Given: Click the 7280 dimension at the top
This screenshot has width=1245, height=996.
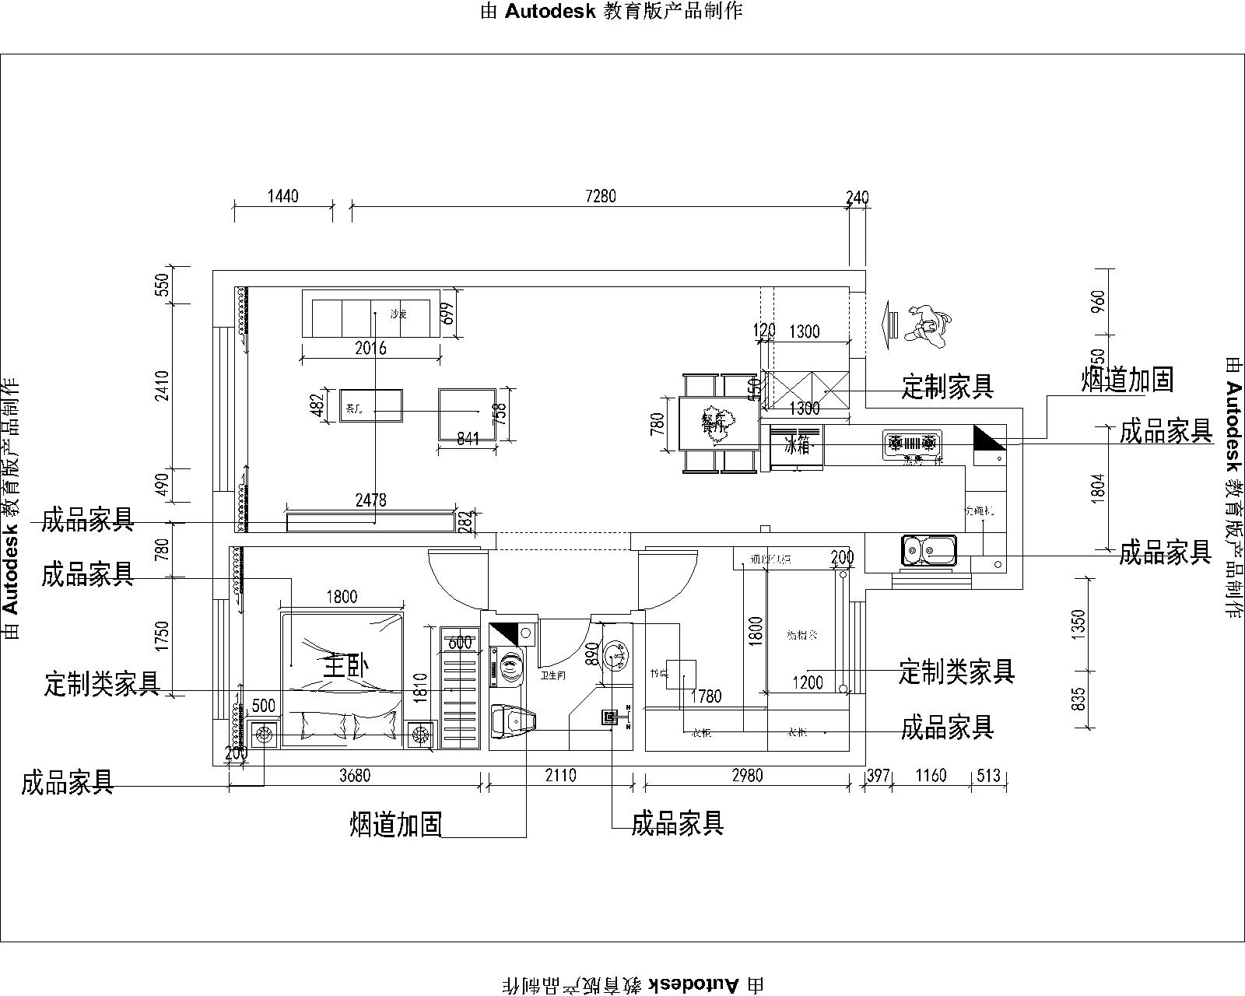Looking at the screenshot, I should (x=600, y=196).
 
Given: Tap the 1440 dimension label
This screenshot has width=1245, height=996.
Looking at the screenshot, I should (x=283, y=196).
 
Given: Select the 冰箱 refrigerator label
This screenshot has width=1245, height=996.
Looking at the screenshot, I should (x=797, y=446).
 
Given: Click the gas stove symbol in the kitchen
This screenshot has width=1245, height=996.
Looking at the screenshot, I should (x=913, y=444).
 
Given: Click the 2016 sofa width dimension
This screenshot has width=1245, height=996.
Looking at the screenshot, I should (x=370, y=348).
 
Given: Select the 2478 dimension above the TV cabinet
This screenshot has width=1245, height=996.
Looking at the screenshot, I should (x=370, y=500).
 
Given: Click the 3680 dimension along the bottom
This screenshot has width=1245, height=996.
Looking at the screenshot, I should (x=355, y=776).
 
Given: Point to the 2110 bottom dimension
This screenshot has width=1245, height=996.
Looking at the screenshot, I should (x=560, y=776).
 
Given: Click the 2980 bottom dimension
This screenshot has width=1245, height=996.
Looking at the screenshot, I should (x=747, y=776).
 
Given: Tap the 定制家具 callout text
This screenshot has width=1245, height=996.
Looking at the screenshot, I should (x=947, y=386).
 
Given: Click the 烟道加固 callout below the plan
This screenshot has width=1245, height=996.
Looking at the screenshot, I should (x=396, y=825).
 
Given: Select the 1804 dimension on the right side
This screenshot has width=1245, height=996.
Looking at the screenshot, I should (x=1097, y=487).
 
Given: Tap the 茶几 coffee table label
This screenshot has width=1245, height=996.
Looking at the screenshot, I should (x=354, y=408).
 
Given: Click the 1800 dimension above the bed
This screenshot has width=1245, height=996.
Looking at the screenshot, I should (x=342, y=597).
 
